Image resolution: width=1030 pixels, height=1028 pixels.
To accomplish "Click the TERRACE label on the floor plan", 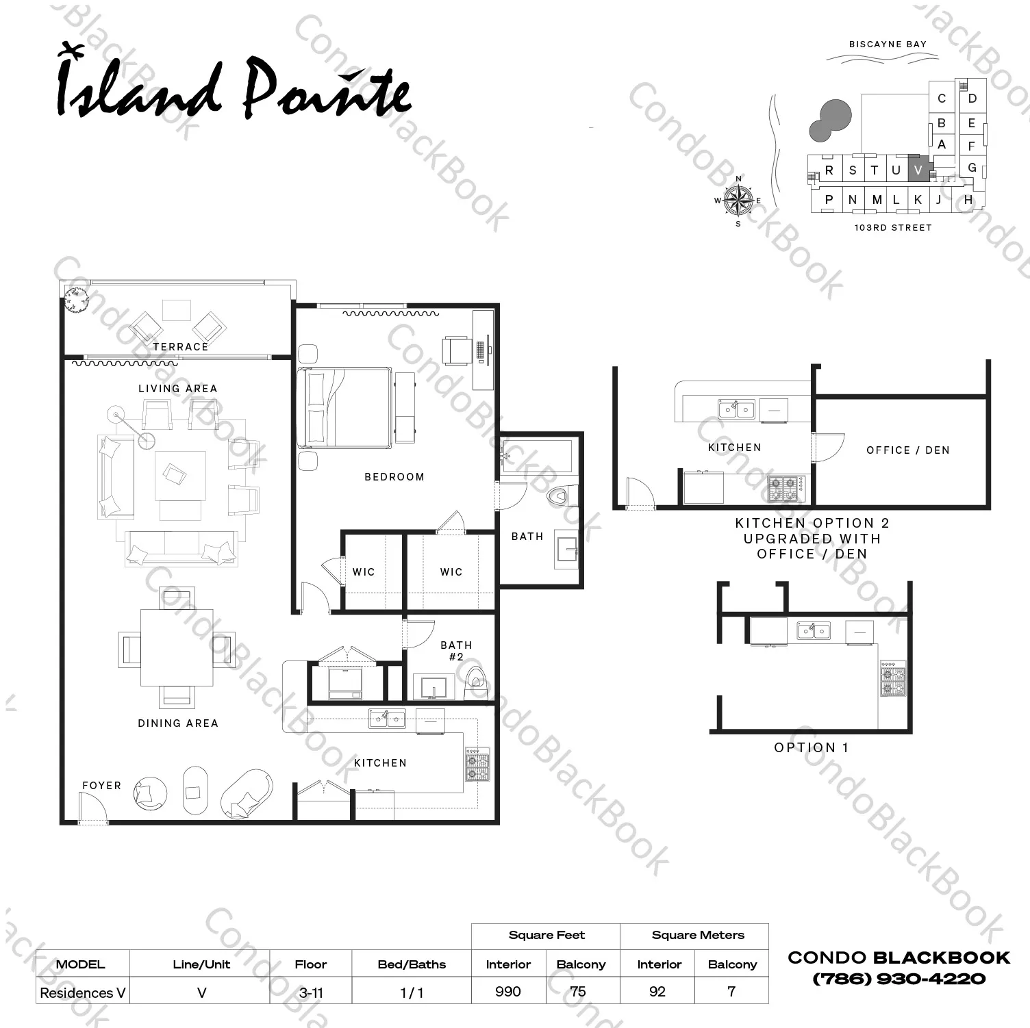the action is (x=181, y=347).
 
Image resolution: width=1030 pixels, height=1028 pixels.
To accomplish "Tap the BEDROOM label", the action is (x=394, y=477).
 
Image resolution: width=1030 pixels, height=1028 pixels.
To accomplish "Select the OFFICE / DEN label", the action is (x=908, y=450).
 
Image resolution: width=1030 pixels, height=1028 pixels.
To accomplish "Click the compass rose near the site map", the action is (x=738, y=201).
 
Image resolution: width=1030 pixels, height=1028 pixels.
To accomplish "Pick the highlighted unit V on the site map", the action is (x=919, y=169).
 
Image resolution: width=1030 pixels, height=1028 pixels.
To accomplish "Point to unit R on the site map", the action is (x=829, y=170).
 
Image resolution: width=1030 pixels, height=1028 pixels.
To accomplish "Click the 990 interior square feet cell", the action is (x=508, y=992).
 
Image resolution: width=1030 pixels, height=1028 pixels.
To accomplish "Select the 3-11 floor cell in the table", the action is (x=311, y=992).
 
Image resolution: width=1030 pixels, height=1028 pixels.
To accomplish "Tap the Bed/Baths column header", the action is (x=412, y=964).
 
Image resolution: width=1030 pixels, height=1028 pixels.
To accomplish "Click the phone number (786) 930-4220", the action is (x=899, y=979).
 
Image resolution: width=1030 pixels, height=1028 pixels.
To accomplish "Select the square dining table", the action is (x=177, y=647).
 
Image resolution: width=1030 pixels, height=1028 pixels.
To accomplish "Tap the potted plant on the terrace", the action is (x=76, y=300).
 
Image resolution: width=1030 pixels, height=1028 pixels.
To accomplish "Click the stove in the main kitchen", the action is (x=478, y=764).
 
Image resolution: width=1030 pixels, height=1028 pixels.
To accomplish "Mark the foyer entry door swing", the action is (x=93, y=808).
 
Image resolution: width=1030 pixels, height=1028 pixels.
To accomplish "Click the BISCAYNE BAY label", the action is (x=888, y=44).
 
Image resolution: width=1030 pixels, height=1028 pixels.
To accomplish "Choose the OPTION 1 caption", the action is (x=812, y=747).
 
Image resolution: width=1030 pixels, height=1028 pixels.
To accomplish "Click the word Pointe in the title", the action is (x=327, y=89).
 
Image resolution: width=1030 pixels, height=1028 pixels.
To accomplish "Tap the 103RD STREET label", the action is (x=893, y=228).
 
